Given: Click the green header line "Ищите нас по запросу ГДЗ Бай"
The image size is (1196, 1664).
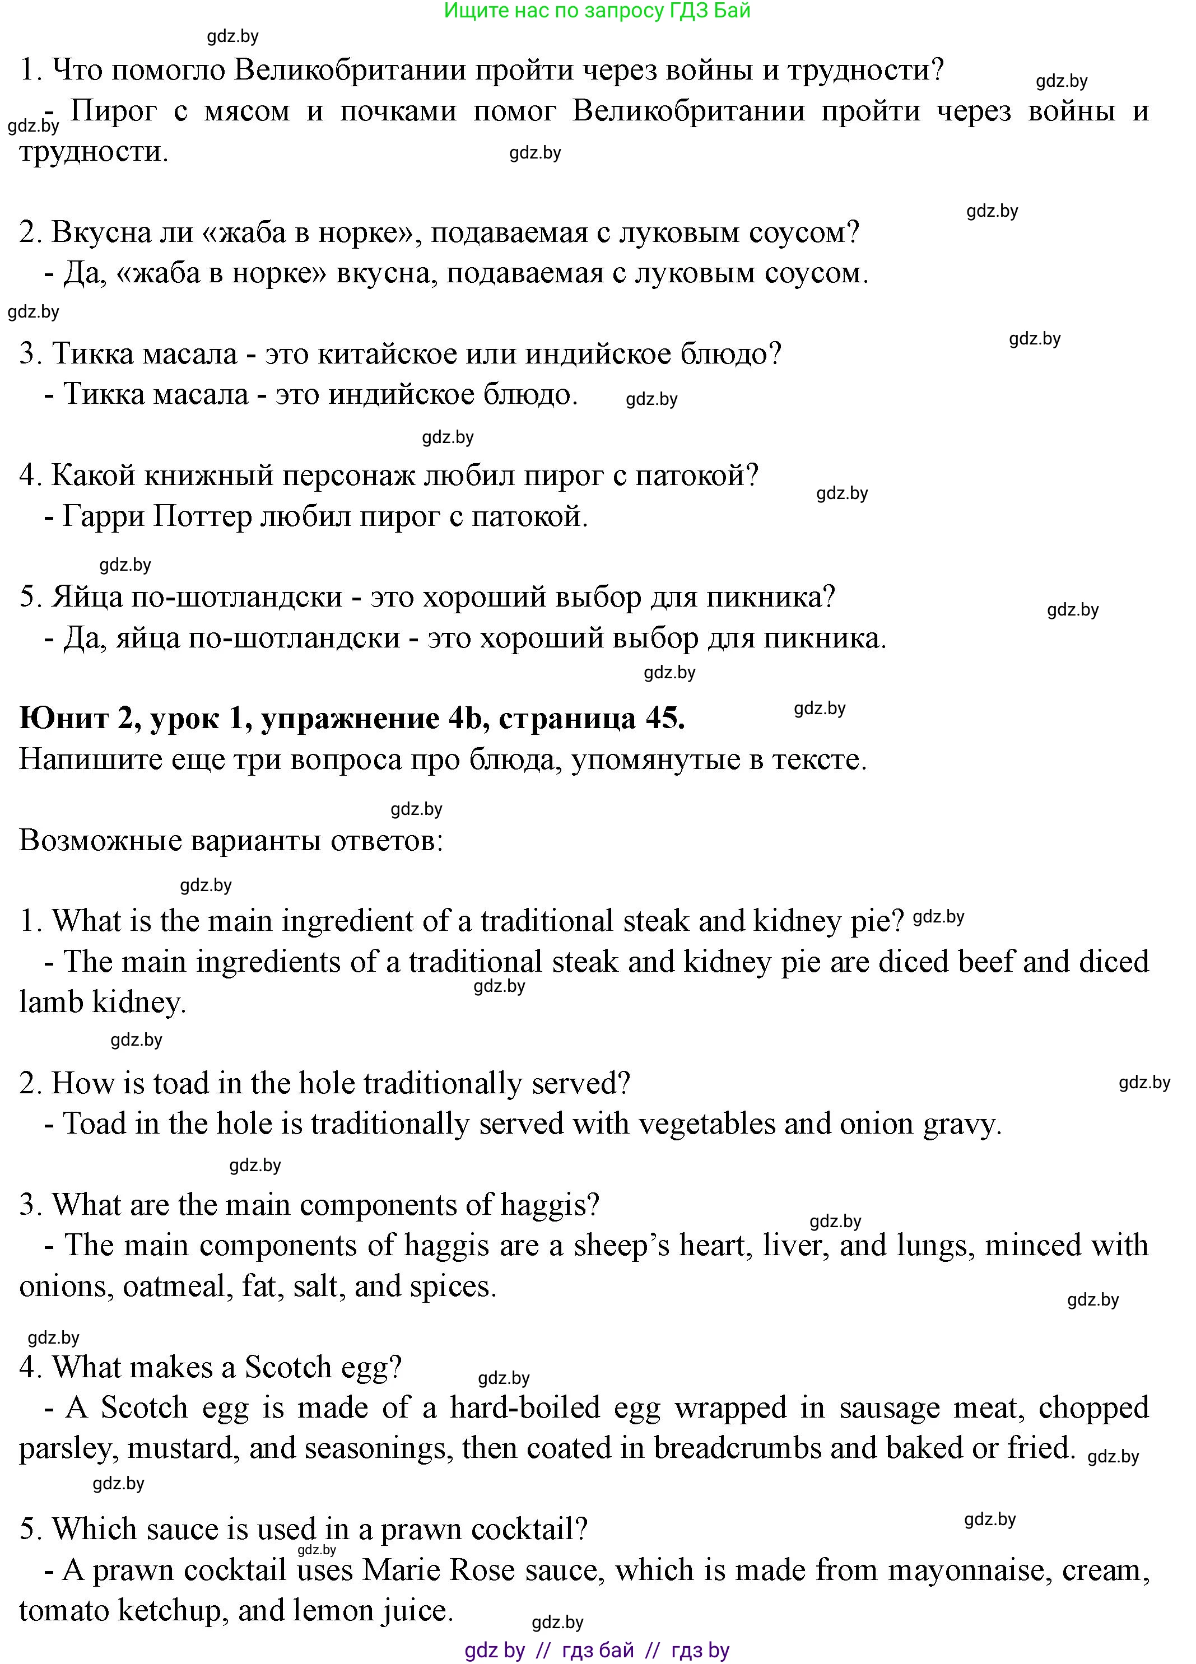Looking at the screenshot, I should (x=597, y=11).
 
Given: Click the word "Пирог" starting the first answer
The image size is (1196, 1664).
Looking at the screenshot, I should (x=114, y=111).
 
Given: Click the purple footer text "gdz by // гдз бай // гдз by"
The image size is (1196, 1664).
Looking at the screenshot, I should (x=597, y=1650).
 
